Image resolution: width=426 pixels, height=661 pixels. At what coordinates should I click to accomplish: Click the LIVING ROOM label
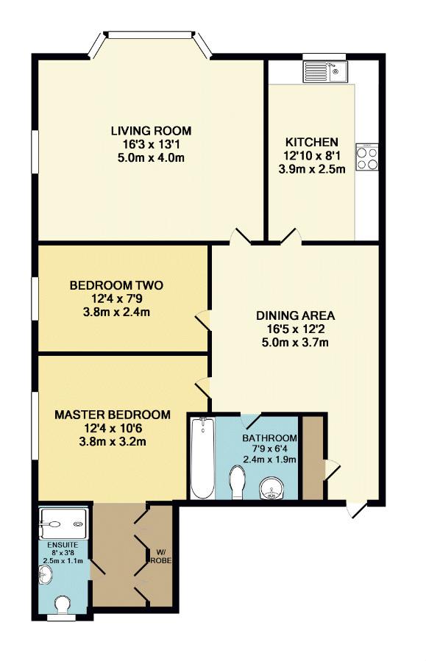(x=151, y=131)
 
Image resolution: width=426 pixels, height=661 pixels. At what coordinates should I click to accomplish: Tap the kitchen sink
(x=324, y=71)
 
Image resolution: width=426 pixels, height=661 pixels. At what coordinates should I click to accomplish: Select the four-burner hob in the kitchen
(x=367, y=157)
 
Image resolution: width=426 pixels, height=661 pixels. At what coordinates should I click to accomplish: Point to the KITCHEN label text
(x=312, y=142)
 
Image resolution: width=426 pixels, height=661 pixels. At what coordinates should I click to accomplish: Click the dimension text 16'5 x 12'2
(x=295, y=329)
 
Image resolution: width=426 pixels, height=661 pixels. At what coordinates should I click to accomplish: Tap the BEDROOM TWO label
(x=116, y=285)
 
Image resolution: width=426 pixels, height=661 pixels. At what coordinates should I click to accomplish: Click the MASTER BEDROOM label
(x=113, y=415)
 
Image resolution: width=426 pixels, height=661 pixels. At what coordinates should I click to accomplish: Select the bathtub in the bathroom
(x=202, y=459)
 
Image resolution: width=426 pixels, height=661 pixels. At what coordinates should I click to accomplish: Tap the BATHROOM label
(x=269, y=438)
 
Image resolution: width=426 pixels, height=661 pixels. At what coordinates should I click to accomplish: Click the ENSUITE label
(x=63, y=545)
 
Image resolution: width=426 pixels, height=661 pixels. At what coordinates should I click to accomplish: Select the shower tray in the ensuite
(x=64, y=524)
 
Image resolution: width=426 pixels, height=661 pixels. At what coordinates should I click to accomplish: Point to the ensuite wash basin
(x=46, y=574)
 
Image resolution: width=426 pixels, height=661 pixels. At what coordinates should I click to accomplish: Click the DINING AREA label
(x=295, y=315)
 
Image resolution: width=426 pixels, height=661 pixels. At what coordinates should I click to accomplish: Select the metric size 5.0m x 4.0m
(x=151, y=158)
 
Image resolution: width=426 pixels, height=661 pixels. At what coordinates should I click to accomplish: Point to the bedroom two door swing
(x=202, y=320)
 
